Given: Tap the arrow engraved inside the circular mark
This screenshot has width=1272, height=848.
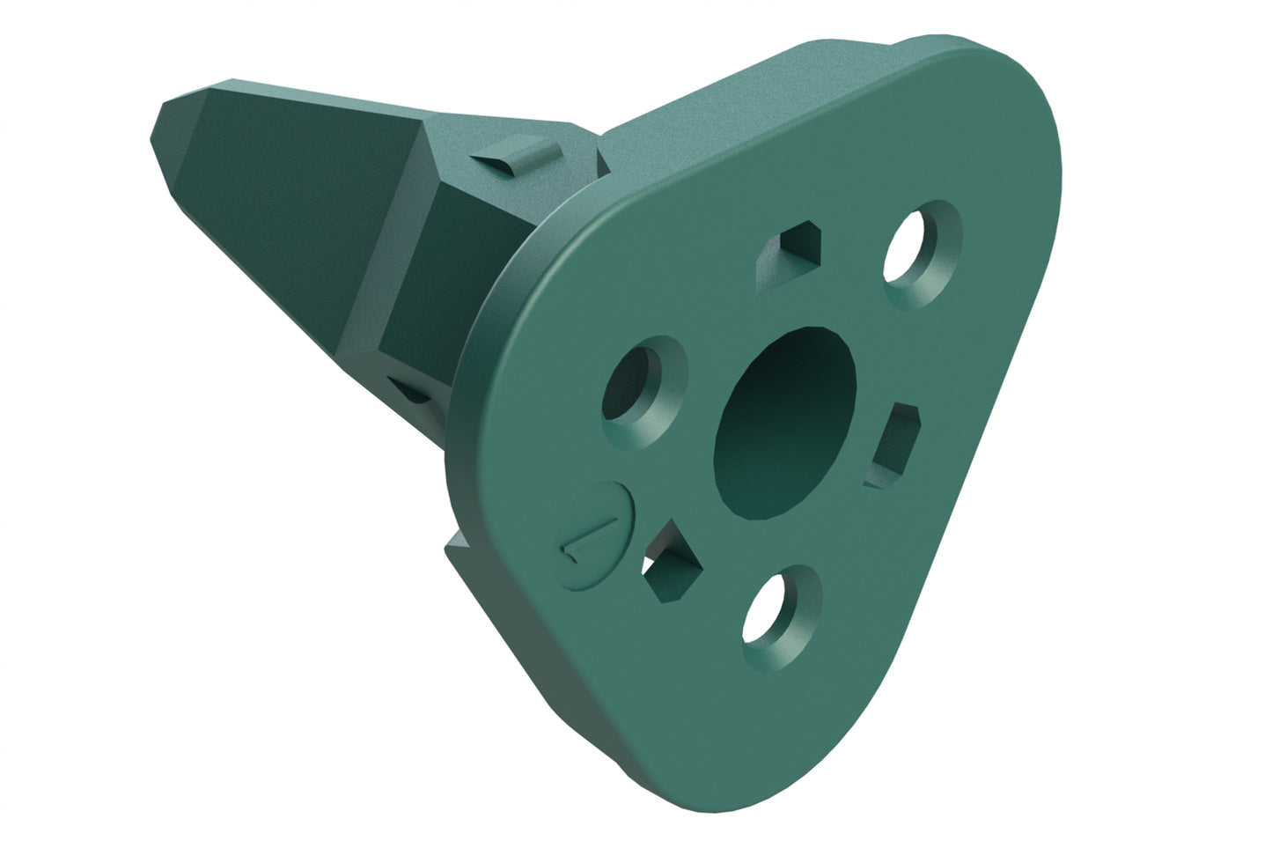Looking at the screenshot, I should pyautogui.click(x=588, y=542).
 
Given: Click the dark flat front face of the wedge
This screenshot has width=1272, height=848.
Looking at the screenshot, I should pyautogui.click(x=282, y=194).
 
